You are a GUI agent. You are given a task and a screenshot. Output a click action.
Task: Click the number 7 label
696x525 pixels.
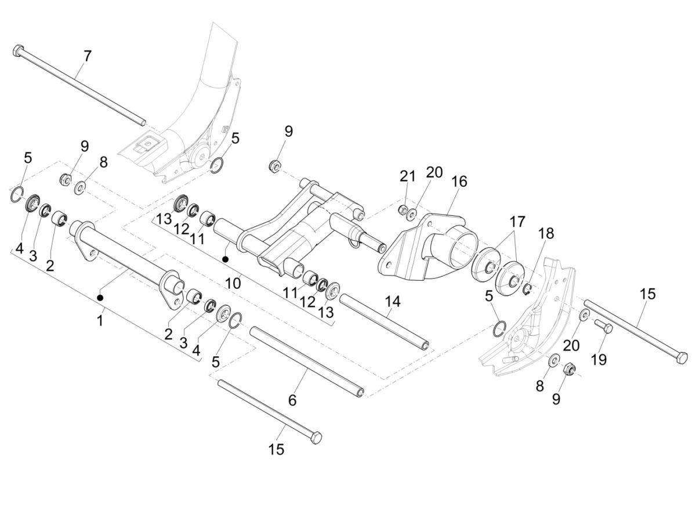click(x=87, y=56)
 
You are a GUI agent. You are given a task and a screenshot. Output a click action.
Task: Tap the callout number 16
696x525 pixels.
click(x=459, y=181)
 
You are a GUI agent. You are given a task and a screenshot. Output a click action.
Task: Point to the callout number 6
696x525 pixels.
click(x=292, y=400)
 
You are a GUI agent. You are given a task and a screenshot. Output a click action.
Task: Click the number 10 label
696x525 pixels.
click(x=233, y=283)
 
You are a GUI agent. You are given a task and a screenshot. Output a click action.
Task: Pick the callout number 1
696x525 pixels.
click(x=100, y=320)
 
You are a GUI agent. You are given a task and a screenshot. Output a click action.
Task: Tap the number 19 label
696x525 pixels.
click(x=599, y=360)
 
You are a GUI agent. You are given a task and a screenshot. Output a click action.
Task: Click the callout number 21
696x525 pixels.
click(x=408, y=176)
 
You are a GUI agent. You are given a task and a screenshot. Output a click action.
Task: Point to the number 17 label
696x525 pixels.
click(x=517, y=221)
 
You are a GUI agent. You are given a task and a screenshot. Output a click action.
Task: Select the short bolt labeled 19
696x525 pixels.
click(x=604, y=326)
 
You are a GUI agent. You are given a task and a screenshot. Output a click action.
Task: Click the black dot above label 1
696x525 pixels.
click(x=100, y=298)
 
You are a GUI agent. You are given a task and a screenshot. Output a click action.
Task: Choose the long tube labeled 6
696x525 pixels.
click(x=307, y=362)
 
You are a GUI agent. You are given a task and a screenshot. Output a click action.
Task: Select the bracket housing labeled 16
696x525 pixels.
click(x=429, y=244)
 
